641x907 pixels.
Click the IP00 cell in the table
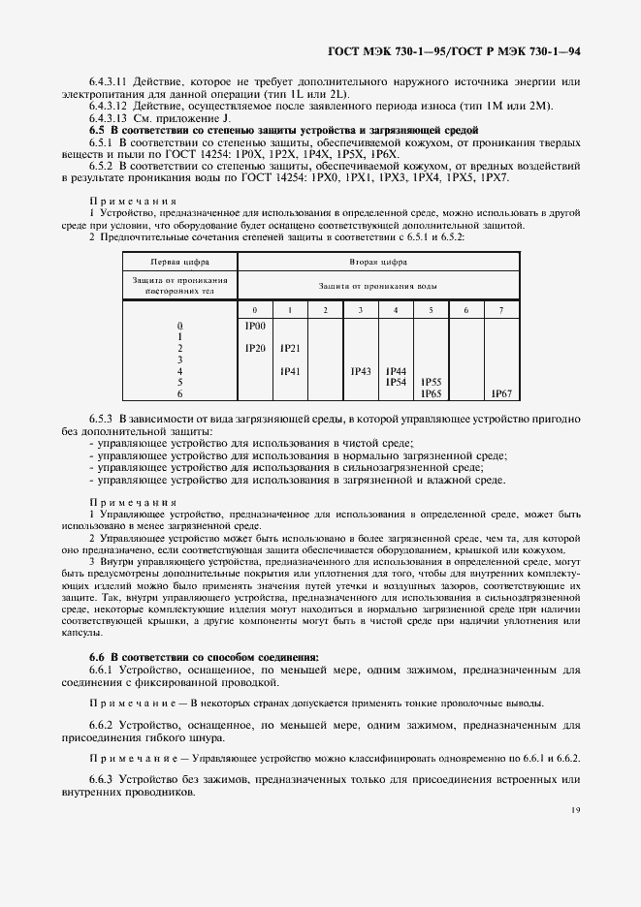pyautogui.click(x=255, y=327)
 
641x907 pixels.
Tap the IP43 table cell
pyautogui.click(x=361, y=371)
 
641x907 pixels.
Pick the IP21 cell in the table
pyautogui.click(x=290, y=348)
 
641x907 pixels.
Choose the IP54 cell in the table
pyautogui.click(x=396, y=382)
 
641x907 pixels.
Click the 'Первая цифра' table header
pyautogui.click(x=179, y=262)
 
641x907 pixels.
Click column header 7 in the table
pyautogui.click(x=500, y=309)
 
